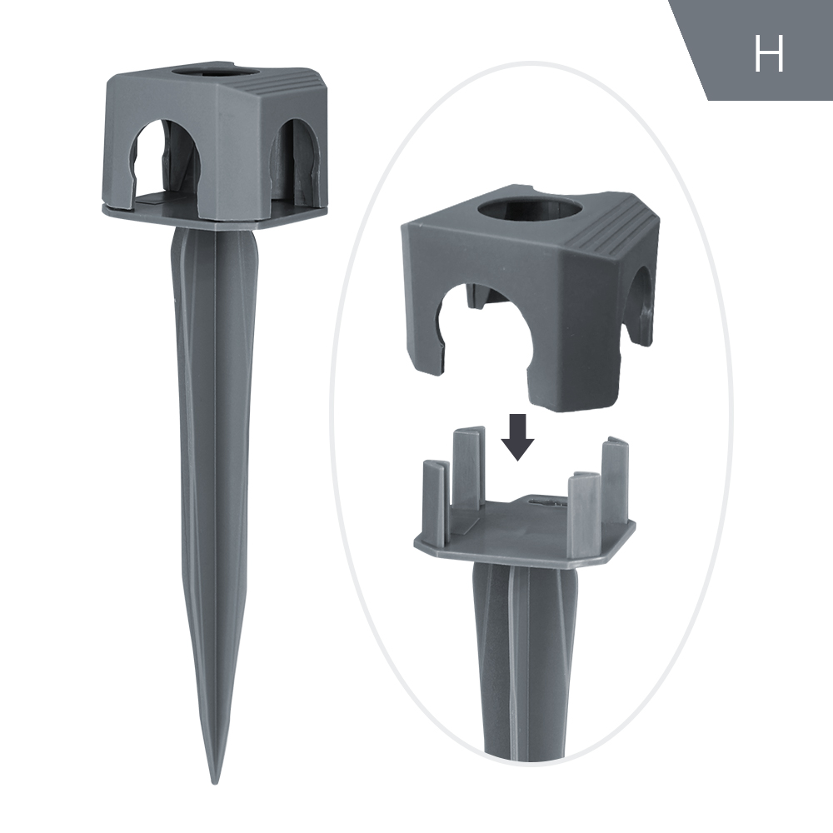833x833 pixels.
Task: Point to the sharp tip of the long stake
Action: pyautogui.click(x=215, y=779)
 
